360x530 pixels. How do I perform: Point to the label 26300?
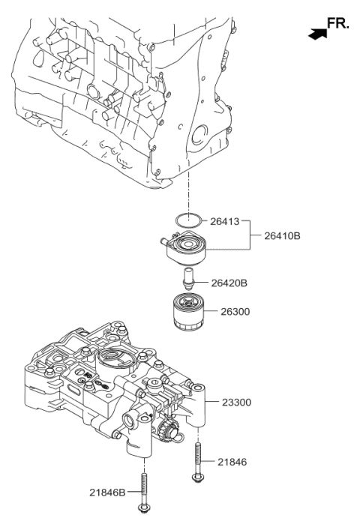pyautogui.click(x=235, y=310)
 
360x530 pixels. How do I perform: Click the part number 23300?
pyautogui.click(x=236, y=402)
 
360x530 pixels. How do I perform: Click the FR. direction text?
pyautogui.click(x=337, y=24)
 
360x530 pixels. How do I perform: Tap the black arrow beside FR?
pyautogui.click(x=317, y=31)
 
